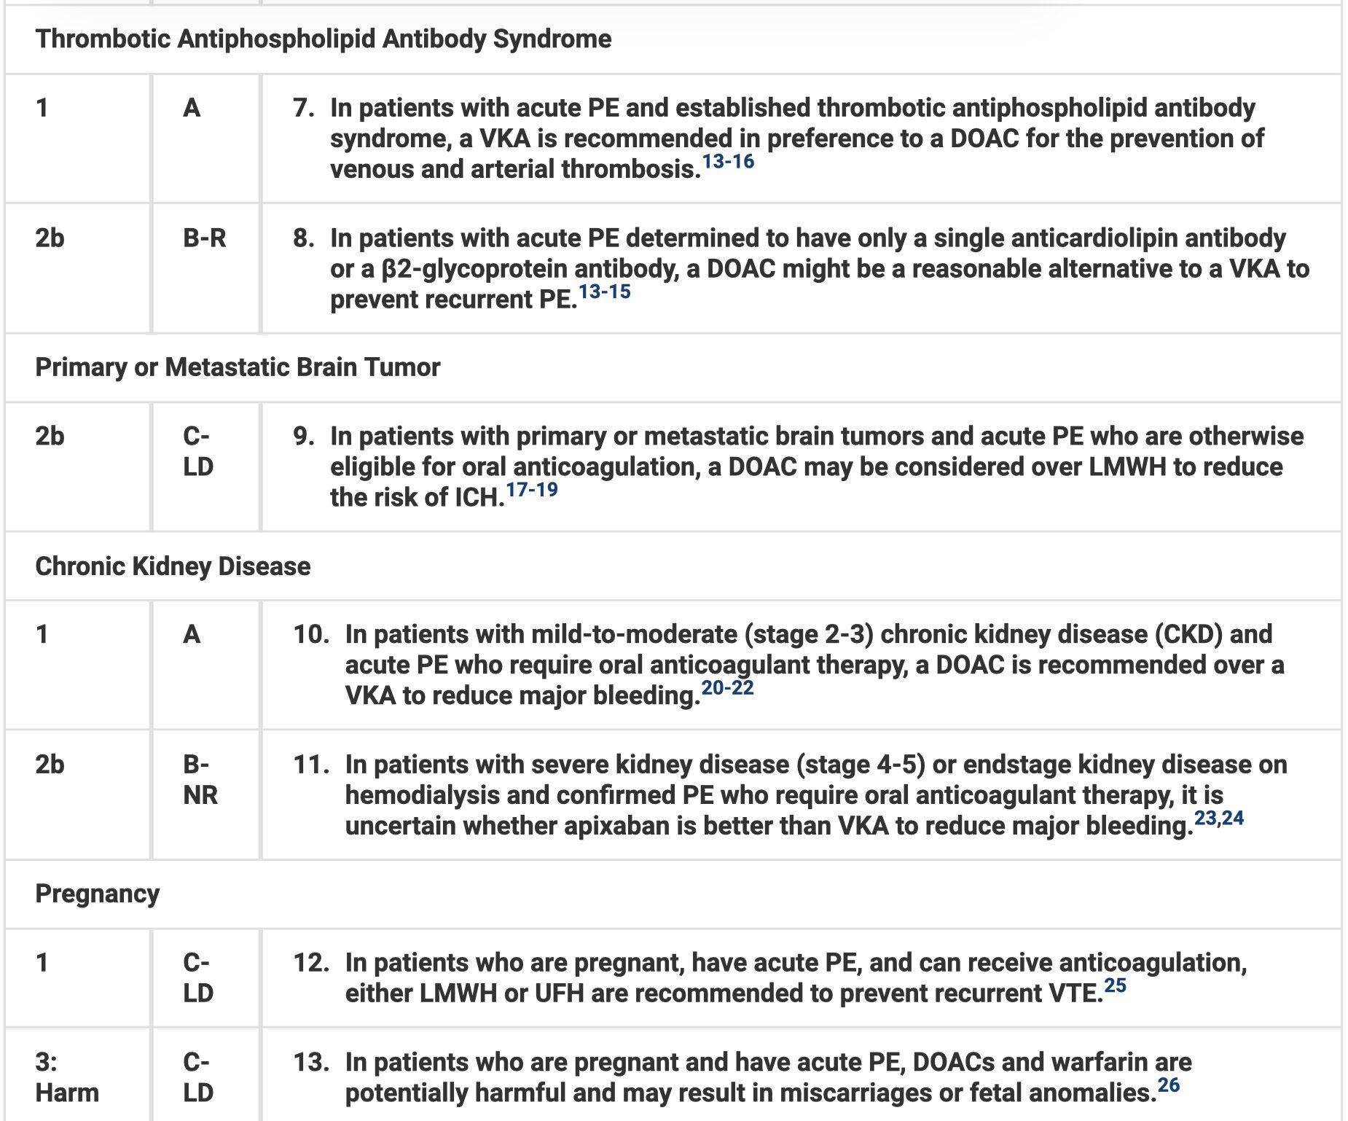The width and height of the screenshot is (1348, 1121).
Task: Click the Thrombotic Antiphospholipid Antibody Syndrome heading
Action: (323, 39)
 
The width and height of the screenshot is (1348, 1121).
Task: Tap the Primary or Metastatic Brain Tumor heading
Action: (238, 367)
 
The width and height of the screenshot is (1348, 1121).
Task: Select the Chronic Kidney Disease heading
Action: (173, 566)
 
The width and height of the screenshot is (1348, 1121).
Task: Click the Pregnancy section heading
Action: (97, 894)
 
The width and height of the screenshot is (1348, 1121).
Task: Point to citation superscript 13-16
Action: (728, 162)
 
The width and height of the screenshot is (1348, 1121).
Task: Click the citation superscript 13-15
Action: (604, 292)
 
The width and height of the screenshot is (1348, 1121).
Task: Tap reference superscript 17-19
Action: (532, 490)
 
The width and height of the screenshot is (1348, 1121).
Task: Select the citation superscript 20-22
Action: (727, 688)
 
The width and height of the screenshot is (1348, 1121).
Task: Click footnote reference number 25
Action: (1115, 985)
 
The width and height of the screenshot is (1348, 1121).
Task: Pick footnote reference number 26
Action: (1168, 1085)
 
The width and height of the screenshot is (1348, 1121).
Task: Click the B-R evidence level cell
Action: (205, 238)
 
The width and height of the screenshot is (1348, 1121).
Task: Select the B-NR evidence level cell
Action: (200, 780)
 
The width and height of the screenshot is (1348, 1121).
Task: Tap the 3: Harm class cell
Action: (66, 1077)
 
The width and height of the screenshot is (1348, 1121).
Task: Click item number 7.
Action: (303, 108)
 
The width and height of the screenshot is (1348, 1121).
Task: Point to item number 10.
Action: (310, 634)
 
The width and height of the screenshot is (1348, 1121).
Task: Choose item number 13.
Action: (310, 1062)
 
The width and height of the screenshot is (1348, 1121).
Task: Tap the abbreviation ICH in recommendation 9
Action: (477, 498)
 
